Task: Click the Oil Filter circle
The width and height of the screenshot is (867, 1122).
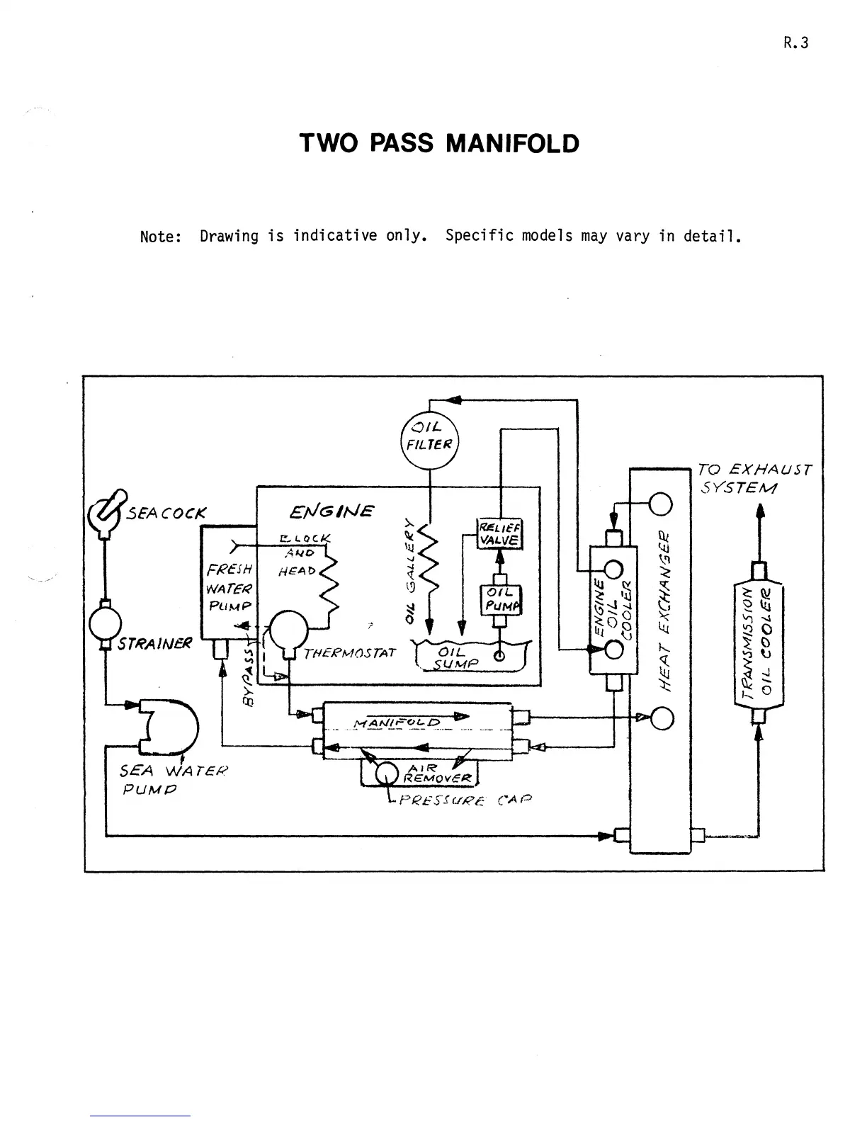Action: pyautogui.click(x=430, y=439)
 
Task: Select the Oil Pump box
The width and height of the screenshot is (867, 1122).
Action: pyautogui.click(x=501, y=599)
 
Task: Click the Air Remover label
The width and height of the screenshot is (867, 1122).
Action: pyautogui.click(x=438, y=773)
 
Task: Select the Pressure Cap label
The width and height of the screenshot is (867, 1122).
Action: pyautogui.click(x=465, y=801)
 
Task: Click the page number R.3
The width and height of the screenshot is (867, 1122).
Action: pyautogui.click(x=795, y=42)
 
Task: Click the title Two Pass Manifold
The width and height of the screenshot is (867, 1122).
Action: pyautogui.click(x=439, y=144)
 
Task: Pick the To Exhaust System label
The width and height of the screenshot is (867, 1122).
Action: pyautogui.click(x=752, y=479)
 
